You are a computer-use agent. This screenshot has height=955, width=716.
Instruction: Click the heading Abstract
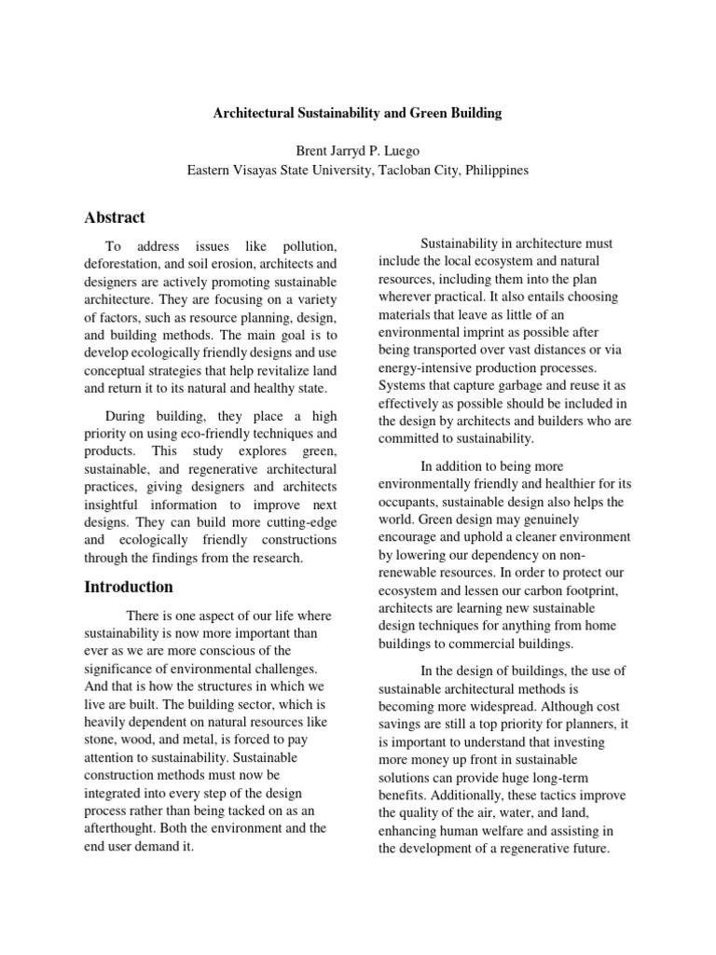coord(115,217)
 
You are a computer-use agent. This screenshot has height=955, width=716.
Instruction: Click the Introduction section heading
coord(129,587)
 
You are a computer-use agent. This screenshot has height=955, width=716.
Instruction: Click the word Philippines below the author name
coord(490,170)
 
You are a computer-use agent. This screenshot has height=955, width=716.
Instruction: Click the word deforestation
coord(120,265)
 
